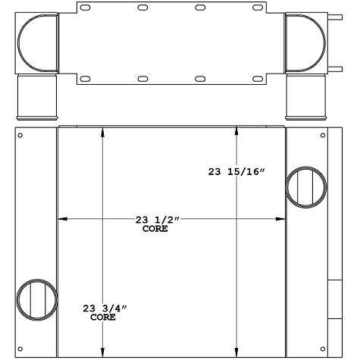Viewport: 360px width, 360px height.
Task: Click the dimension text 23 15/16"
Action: point(236,172)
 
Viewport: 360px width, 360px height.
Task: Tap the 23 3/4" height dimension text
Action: point(104,308)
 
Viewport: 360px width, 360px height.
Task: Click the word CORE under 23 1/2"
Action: point(155,228)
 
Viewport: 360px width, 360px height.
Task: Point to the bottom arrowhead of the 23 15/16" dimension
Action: point(238,351)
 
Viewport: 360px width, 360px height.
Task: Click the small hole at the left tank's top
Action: point(20,136)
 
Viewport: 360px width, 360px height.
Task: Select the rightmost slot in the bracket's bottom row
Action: point(258,78)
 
